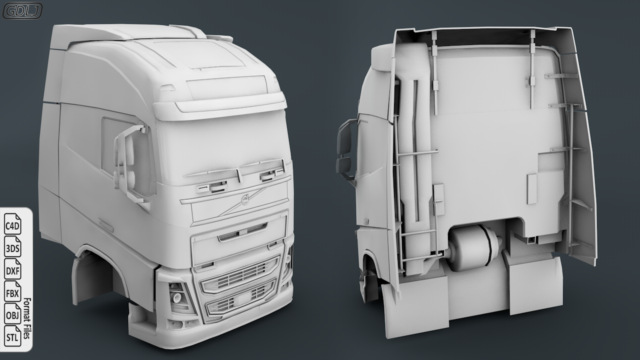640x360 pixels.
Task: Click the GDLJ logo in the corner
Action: pyautogui.click(x=22, y=11)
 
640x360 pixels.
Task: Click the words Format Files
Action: pyautogui.click(x=26, y=318)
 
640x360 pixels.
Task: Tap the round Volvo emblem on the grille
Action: pyautogui.click(x=245, y=199)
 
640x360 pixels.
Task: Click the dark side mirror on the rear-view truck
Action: pyautogui.click(x=346, y=149)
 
